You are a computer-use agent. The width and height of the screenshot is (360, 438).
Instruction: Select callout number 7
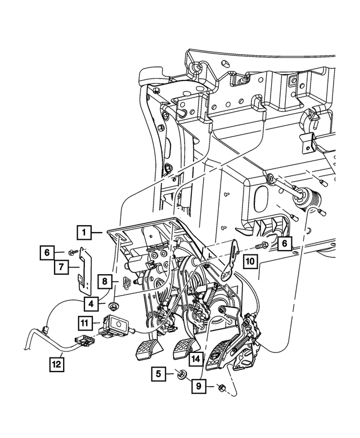[61, 268]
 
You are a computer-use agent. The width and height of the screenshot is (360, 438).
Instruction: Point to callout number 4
[91, 303]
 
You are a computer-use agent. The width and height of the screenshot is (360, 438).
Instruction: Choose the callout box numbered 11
[84, 323]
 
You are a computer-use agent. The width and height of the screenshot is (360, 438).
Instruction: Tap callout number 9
[199, 387]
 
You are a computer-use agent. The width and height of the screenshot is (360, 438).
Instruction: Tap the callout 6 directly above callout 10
[284, 243]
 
